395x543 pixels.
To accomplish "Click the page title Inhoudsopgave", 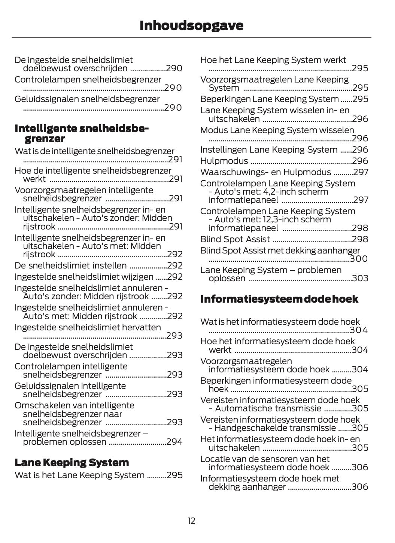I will point(191,25).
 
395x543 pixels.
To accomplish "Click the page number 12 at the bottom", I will point(191,521).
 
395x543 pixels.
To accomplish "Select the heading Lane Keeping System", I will point(72,462).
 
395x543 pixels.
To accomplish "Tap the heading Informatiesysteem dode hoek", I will point(279,299).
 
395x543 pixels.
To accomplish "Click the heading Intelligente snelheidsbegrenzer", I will point(81,133).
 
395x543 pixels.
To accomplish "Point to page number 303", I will point(360,278).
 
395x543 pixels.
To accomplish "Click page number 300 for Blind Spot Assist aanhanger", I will point(359,259).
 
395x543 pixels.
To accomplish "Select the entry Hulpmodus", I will point(224,161).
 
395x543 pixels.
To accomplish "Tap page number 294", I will point(174,442).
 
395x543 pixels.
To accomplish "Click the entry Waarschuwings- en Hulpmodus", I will point(265,172).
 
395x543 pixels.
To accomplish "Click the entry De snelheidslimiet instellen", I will point(70,265).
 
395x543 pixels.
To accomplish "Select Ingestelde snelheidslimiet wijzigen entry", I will point(84,277).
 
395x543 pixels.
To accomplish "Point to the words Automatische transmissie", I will point(268,408).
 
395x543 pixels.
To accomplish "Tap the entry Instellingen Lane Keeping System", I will point(268,150).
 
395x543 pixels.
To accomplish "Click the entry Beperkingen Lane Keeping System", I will point(269,99).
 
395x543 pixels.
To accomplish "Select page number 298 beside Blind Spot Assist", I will point(360,239).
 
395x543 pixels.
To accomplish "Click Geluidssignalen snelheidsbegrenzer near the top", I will point(87,99).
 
